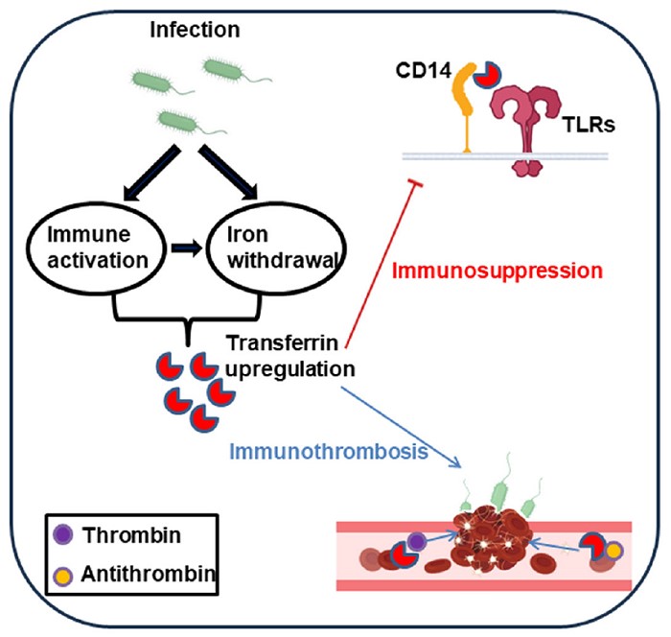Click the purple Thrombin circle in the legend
63,535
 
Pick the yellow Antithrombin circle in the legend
63,576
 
